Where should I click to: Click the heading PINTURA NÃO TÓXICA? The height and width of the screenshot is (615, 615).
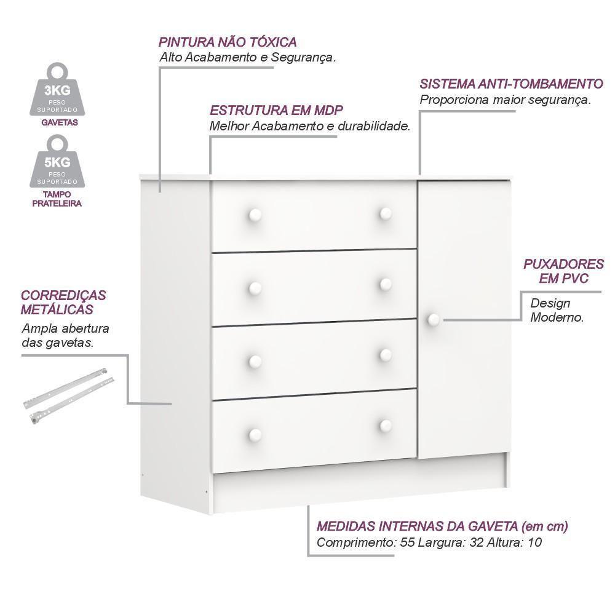click(x=228, y=42)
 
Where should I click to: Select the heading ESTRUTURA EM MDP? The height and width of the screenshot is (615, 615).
click(x=276, y=110)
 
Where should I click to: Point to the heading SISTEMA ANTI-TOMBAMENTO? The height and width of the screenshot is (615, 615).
click(x=512, y=84)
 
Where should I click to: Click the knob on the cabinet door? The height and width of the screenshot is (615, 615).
click(x=434, y=319)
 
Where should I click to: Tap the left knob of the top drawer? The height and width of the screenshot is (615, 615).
click(x=255, y=215)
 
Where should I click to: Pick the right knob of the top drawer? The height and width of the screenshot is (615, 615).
click(x=386, y=214)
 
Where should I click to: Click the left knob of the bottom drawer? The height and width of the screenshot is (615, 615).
click(x=255, y=434)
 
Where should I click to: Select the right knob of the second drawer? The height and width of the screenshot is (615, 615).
click(x=386, y=284)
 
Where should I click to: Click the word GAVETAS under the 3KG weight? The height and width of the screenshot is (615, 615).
click(x=60, y=122)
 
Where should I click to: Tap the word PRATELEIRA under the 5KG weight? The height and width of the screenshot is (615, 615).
click(x=57, y=204)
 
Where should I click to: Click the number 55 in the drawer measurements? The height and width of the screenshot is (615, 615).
click(x=408, y=542)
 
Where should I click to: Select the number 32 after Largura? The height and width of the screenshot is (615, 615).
click(x=477, y=542)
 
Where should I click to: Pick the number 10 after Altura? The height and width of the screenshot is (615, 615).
click(x=534, y=542)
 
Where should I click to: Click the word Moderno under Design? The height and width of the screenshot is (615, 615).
click(x=557, y=317)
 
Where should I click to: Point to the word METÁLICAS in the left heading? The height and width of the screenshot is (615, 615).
click(x=57, y=309)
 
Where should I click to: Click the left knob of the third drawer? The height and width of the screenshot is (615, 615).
click(x=255, y=361)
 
